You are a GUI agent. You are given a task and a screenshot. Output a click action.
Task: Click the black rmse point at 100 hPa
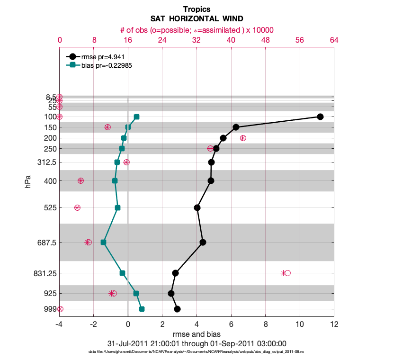click(x=320, y=117)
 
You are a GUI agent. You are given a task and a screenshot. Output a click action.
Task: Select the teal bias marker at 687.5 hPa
click(x=103, y=242)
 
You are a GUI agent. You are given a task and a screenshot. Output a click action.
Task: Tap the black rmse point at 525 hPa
click(x=197, y=207)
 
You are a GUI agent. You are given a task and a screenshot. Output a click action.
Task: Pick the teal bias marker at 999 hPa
click(x=142, y=309)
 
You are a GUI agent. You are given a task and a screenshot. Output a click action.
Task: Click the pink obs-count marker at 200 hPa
click(x=243, y=138)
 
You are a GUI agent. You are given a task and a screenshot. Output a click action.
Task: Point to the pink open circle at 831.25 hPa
click(x=287, y=273)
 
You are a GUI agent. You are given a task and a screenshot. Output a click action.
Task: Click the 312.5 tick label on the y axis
click(x=46, y=162)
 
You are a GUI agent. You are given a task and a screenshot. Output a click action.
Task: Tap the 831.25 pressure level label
click(x=45, y=273)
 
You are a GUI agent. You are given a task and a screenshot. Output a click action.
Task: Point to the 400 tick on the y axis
click(x=50, y=180)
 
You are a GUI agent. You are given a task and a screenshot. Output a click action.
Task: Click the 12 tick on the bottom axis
click(x=334, y=325)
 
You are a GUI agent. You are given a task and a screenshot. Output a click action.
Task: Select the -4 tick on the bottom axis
click(x=59, y=325)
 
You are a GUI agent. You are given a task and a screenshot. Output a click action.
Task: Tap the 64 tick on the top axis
click(x=334, y=41)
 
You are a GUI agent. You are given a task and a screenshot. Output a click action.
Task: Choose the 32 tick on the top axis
click(x=196, y=41)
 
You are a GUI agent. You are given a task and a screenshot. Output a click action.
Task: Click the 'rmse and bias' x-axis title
click(x=196, y=334)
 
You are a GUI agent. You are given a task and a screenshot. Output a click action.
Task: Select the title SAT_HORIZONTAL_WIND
click(x=196, y=19)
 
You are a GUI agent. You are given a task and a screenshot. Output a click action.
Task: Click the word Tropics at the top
click(x=196, y=9)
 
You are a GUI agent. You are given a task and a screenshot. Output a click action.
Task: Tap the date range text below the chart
click(x=196, y=343)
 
